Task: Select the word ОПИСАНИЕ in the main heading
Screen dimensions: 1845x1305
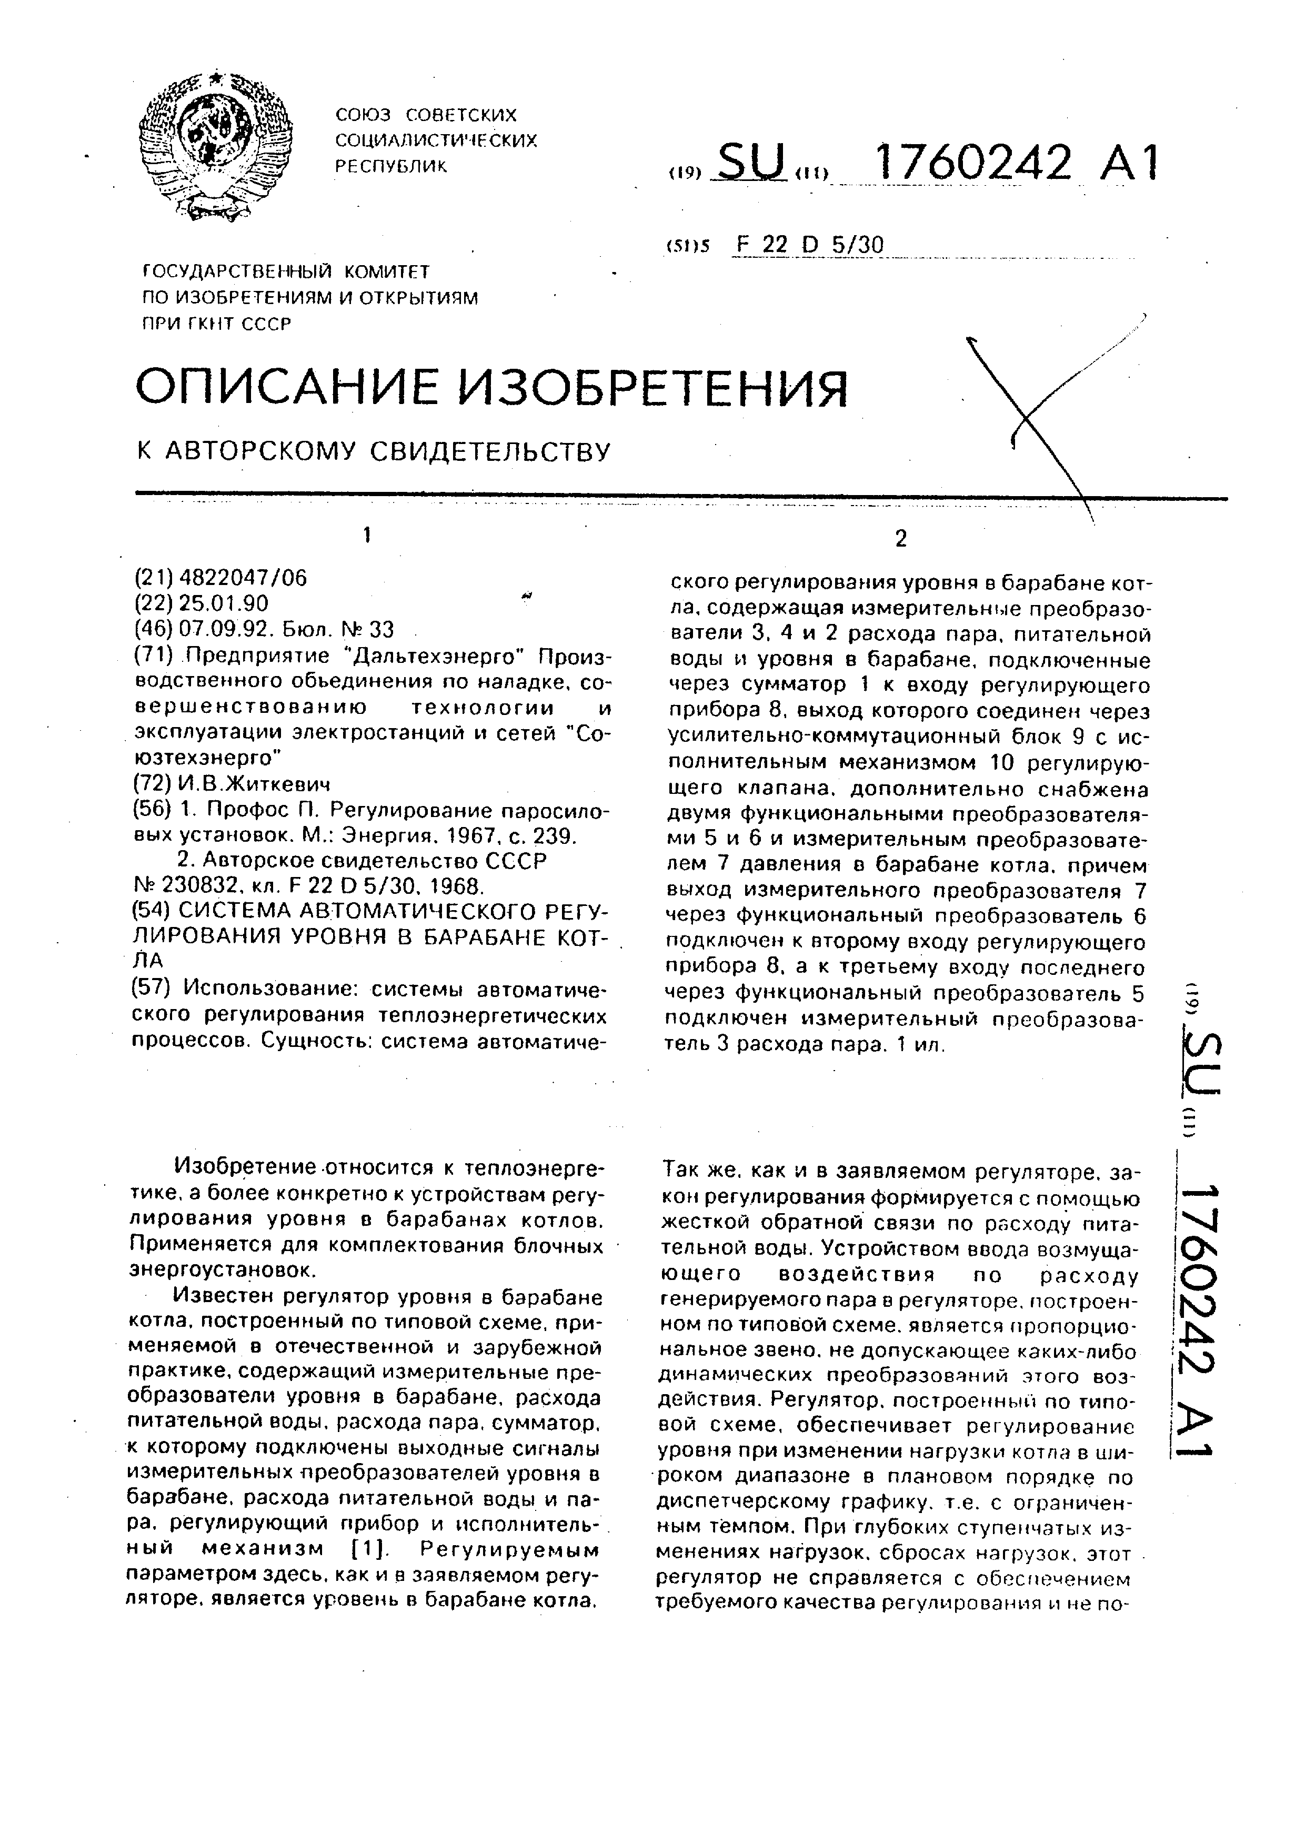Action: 283,388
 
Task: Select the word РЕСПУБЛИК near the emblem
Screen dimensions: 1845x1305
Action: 390,166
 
